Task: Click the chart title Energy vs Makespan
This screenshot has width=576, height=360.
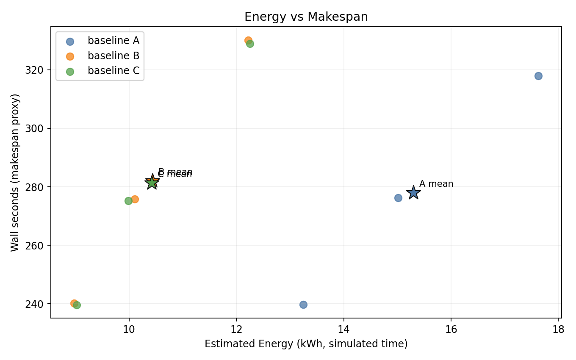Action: (306, 17)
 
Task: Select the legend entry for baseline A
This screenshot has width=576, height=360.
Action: (113, 41)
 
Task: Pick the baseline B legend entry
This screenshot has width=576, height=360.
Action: (113, 56)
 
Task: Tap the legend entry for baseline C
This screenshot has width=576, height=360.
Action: (113, 71)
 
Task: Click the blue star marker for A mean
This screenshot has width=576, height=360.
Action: (413, 193)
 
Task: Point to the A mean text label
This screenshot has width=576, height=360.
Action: (436, 184)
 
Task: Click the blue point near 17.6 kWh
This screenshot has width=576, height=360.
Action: (538, 76)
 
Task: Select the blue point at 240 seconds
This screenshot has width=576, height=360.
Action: (303, 305)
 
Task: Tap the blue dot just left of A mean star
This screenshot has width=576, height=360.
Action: (398, 198)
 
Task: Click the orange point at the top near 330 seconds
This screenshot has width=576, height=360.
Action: (248, 41)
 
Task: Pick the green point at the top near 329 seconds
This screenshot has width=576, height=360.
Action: (250, 44)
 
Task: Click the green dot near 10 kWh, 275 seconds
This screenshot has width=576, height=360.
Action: (128, 201)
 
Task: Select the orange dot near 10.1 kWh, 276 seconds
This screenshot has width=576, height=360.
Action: (135, 199)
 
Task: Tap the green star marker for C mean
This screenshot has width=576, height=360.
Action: (151, 183)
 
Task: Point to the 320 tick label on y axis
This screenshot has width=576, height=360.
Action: (39, 70)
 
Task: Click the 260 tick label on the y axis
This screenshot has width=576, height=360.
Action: (39, 246)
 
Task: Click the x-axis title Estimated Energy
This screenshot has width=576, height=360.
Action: (306, 344)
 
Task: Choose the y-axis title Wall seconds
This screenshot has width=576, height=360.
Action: (15, 172)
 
